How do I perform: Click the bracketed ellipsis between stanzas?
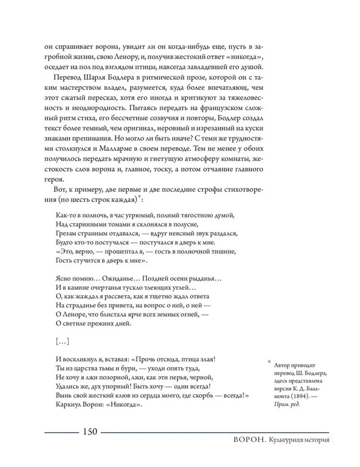click(62, 342)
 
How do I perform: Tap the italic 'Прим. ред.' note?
click(287, 404)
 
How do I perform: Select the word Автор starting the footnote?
click(283, 365)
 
